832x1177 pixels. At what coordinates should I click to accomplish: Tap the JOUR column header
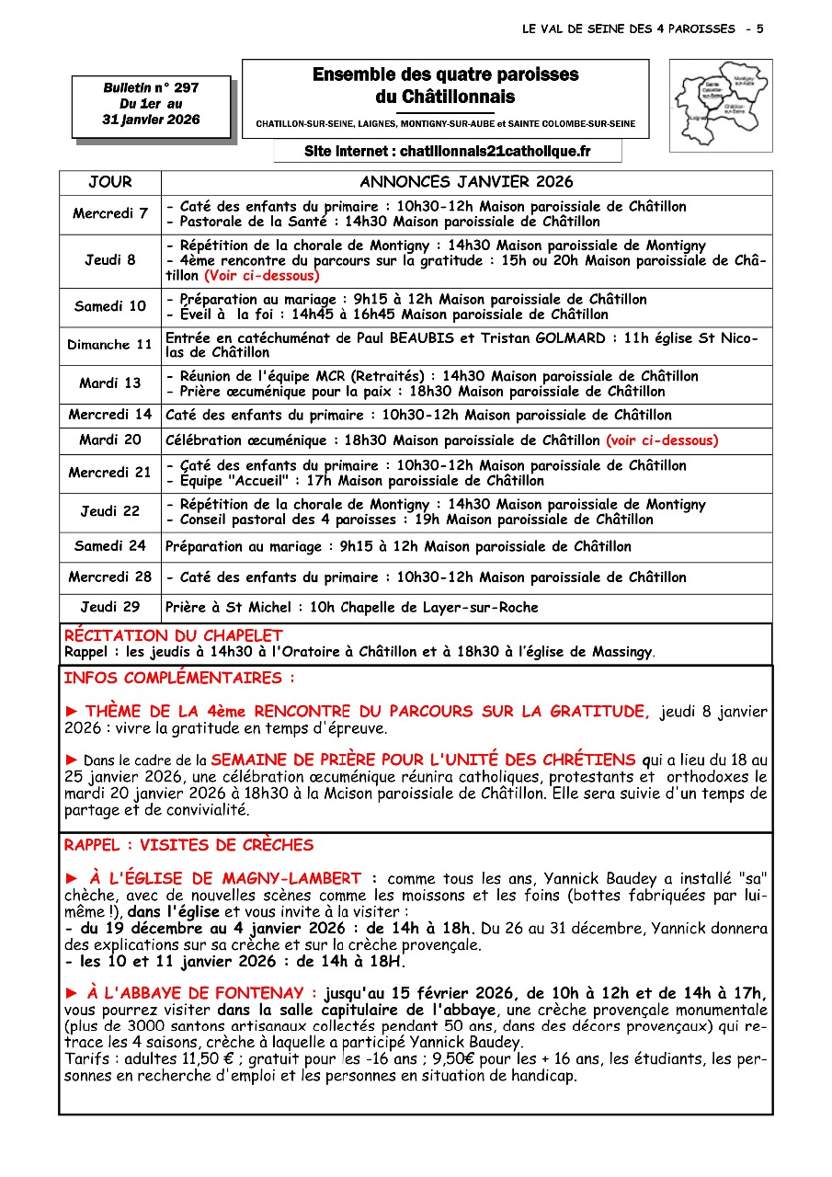click(110, 182)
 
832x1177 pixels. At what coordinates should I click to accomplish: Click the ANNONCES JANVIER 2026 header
click(466, 182)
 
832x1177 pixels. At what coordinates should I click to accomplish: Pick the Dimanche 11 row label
click(110, 345)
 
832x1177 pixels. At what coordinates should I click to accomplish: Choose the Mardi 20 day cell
click(110, 440)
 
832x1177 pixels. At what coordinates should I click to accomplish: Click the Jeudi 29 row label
click(110, 607)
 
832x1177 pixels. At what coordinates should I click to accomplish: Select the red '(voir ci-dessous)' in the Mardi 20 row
click(662, 440)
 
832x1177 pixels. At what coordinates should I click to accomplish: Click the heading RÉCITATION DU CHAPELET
click(174, 635)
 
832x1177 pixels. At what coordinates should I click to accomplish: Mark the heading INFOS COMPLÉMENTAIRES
click(180, 679)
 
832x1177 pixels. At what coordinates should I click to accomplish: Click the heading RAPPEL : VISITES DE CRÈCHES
click(188, 845)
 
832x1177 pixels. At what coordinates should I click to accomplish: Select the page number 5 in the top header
click(759, 29)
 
